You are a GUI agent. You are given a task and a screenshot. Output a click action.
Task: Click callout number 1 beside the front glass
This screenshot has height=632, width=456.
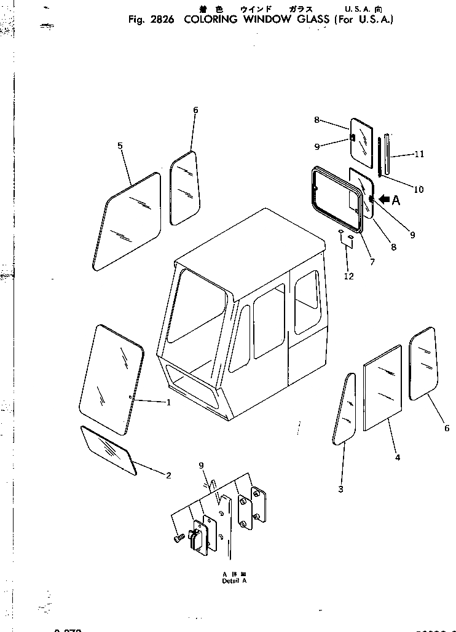[168, 402]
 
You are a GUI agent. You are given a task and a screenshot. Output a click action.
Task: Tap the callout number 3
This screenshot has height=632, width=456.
[340, 489]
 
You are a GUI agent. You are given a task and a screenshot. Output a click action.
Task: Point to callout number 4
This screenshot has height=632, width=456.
[398, 457]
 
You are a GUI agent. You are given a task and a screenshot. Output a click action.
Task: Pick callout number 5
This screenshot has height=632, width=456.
[120, 146]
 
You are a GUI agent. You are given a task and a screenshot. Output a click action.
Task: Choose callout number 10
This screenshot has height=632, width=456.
[419, 190]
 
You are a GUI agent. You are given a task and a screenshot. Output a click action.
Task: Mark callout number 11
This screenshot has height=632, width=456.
[420, 154]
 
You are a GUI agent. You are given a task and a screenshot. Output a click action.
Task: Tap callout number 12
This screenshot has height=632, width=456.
[348, 276]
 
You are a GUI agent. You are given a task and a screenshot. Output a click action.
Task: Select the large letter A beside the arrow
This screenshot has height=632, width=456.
[396, 200]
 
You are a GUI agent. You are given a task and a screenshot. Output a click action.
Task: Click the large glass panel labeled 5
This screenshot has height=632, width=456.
[128, 221]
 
